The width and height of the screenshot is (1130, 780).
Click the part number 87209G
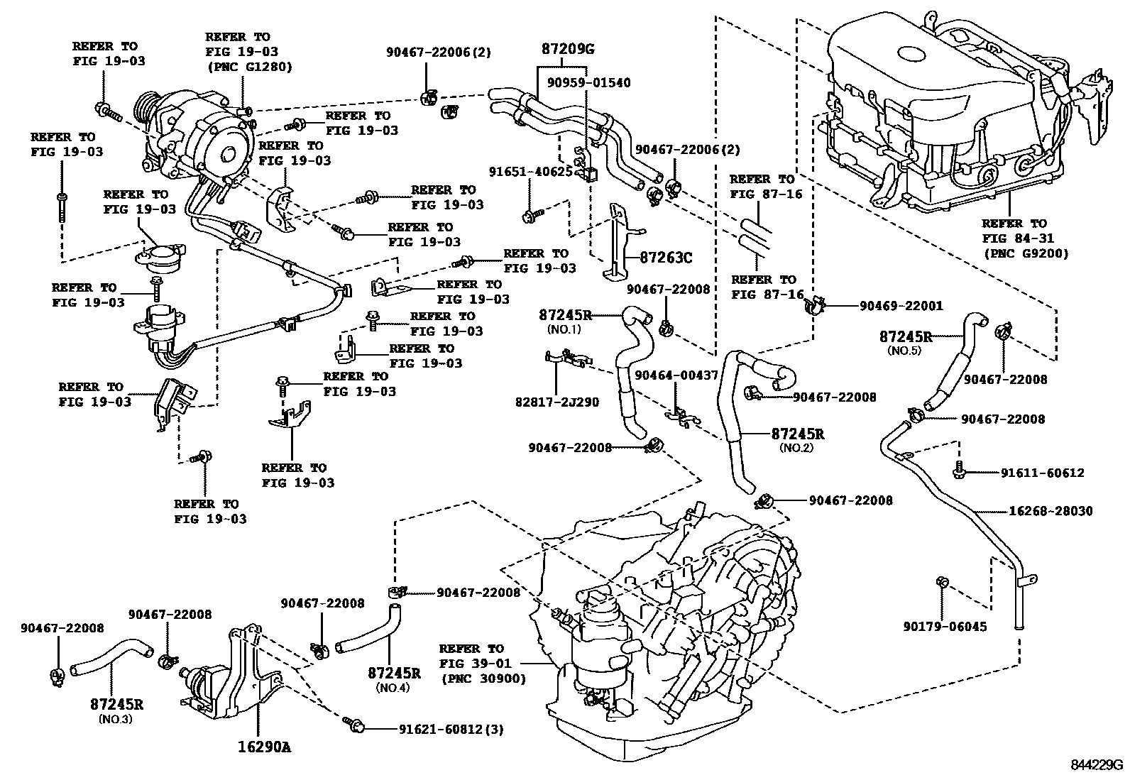tap(567, 49)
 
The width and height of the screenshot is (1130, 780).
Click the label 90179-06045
tap(945, 627)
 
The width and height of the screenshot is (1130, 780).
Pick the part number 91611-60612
tap(1043, 473)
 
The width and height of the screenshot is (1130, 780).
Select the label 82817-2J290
tap(556, 402)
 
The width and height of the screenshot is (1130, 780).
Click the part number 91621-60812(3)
tap(451, 729)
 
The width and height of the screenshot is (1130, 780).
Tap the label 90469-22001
tap(901, 306)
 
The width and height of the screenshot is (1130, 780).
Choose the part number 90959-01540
tap(588, 83)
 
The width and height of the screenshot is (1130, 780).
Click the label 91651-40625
tap(531, 172)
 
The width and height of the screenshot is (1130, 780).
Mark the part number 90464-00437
tap(676, 375)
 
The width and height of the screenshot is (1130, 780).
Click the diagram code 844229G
tap(1097, 767)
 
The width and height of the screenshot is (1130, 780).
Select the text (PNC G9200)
tap(1025, 253)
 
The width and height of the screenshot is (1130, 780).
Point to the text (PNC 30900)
tap(483, 679)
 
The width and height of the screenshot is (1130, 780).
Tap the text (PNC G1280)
tap(248, 67)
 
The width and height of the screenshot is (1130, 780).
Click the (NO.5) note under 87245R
tap(905, 351)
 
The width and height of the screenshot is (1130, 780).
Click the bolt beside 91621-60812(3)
tap(353, 724)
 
